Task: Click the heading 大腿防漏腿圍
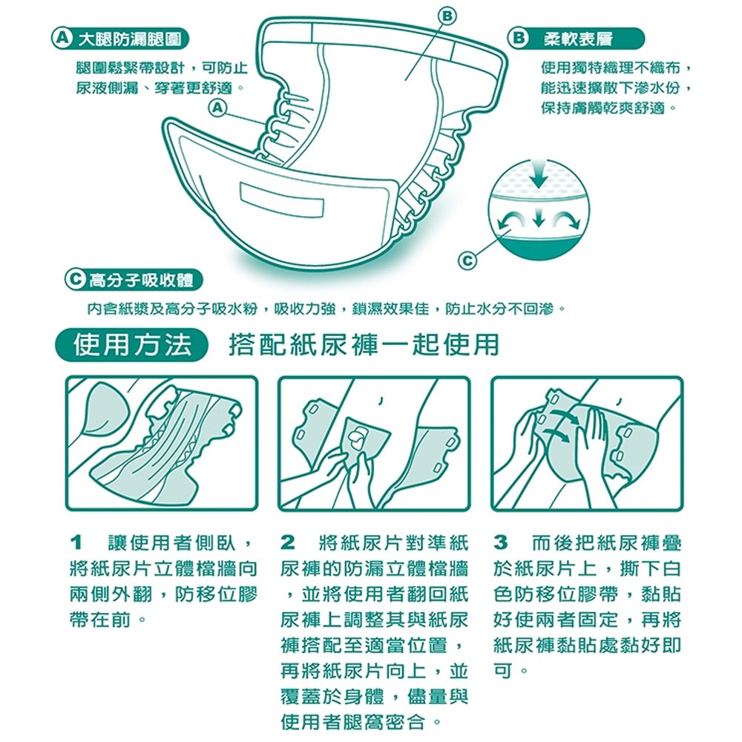pos(129,39)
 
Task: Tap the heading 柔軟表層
pos(578,39)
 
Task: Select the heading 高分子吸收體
pos(141,280)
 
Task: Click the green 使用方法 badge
pos(132,344)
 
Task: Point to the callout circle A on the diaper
pos(217,108)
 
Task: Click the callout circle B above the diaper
pos(449,17)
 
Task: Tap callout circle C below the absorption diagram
pos(467,260)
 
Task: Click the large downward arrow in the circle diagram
pos(538,174)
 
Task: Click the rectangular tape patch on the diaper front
pos(282,199)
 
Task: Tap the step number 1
pos(76,543)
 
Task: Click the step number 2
pos(287,543)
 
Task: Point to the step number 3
pos(501,543)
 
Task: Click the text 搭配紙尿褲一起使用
pos(364,344)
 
